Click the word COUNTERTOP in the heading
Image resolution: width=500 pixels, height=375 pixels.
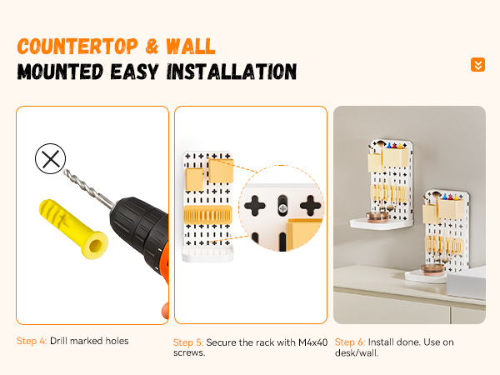(x=77, y=46)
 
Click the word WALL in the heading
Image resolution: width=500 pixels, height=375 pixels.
(x=191, y=47)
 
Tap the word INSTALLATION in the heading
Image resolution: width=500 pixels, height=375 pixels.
(x=232, y=72)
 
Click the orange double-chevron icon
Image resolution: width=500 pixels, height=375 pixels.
(x=477, y=65)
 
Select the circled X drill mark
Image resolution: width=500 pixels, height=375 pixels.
(x=50, y=158)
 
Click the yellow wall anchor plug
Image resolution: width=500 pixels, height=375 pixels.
(x=73, y=228)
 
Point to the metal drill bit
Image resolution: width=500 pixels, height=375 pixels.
(x=88, y=189)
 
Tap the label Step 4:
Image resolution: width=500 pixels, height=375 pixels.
(x=32, y=341)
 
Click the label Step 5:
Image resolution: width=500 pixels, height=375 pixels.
(x=188, y=342)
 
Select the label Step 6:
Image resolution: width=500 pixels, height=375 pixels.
(x=350, y=342)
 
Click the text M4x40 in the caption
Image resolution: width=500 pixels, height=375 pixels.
(x=312, y=342)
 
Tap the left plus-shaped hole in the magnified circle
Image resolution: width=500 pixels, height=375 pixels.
(x=255, y=206)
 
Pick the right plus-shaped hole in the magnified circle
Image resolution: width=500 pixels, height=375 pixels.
(x=310, y=206)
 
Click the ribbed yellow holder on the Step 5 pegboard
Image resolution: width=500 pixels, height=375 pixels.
(x=207, y=214)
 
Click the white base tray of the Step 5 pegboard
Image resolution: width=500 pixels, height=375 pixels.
(x=207, y=254)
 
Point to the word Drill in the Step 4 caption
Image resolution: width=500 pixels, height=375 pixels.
(x=58, y=341)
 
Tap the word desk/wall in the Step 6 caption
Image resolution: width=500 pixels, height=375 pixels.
(x=357, y=353)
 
